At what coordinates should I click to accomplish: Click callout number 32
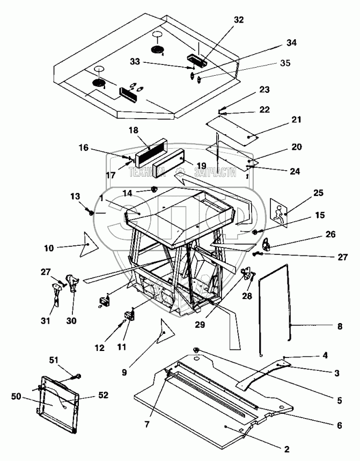pyautogui.click(x=238, y=20)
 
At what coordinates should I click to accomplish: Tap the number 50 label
pyautogui.click(x=16, y=397)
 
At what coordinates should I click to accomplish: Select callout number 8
pyautogui.click(x=340, y=326)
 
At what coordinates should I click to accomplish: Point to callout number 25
pyautogui.click(x=318, y=193)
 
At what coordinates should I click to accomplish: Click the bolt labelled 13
pyautogui.click(x=90, y=211)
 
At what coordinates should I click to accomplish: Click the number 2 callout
pyautogui.click(x=287, y=449)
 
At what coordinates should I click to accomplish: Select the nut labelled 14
pyautogui.click(x=153, y=188)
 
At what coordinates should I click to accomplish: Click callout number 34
pyautogui.click(x=291, y=42)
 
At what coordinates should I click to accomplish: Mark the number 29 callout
pyautogui.click(x=200, y=325)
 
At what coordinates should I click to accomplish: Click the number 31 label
pyautogui.click(x=45, y=320)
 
